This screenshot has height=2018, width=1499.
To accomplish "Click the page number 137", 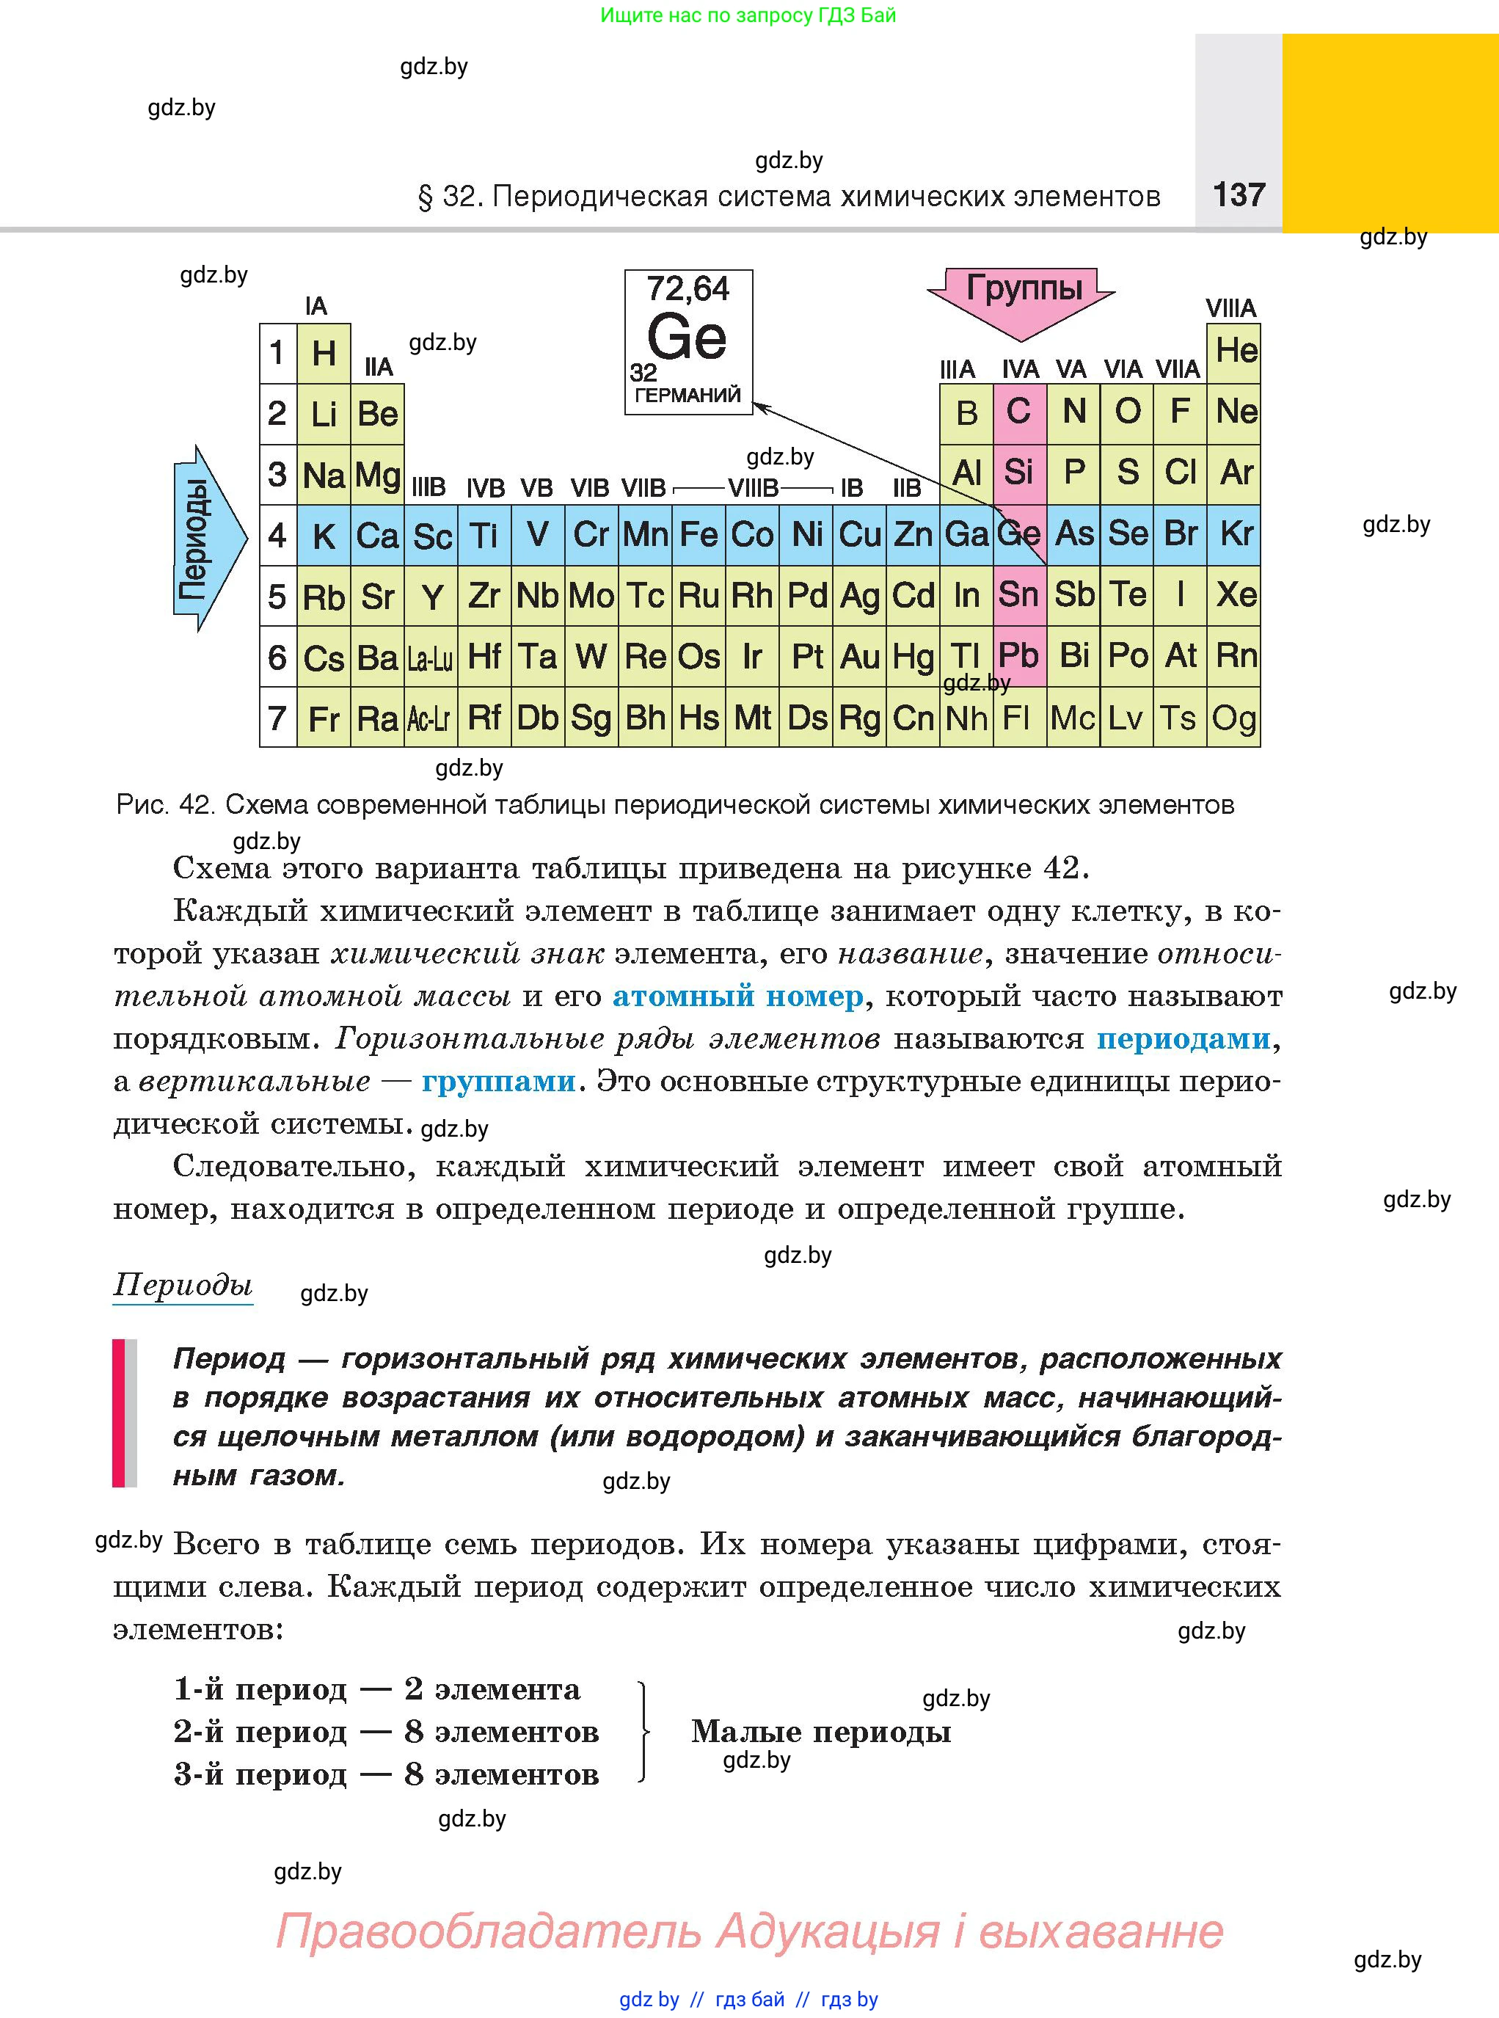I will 1239,194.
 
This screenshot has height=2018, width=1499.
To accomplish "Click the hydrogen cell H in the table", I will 324,353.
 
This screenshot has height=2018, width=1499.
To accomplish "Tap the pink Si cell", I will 1019,473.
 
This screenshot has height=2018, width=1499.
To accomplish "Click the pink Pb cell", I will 1019,656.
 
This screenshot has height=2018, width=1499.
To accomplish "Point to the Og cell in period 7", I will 1234,718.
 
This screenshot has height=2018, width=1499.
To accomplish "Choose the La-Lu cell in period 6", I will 430,658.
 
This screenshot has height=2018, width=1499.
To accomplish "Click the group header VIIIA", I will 1230,308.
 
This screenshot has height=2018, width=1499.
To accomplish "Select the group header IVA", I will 1020,369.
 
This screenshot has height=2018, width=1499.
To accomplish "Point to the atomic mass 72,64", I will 688,289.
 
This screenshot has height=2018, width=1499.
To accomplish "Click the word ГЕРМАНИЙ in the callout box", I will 688,396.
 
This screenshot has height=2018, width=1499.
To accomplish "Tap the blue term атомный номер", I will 737,997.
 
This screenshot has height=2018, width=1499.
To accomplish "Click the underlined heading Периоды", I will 183,1285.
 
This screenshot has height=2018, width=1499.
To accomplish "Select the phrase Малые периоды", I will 821,1731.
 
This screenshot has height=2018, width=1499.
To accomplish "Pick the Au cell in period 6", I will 859,657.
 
